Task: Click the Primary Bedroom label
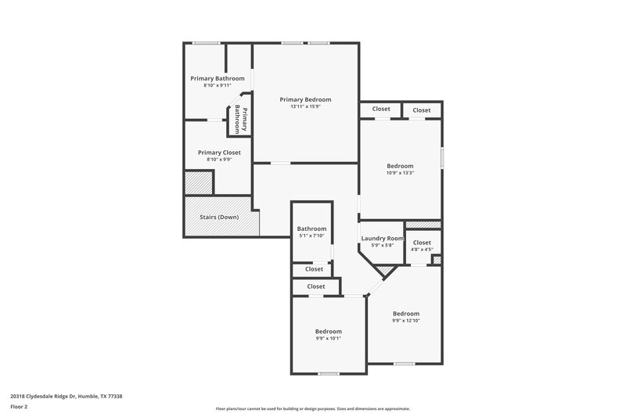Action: pyautogui.click(x=306, y=99)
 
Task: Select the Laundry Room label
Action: pyautogui.click(x=383, y=238)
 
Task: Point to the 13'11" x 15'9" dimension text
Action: pyautogui.click(x=306, y=106)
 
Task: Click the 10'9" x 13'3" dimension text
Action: pyautogui.click(x=400, y=173)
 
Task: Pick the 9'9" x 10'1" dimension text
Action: pyautogui.click(x=328, y=338)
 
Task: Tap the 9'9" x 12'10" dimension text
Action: pyautogui.click(x=406, y=321)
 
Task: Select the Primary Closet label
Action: pyautogui.click(x=219, y=153)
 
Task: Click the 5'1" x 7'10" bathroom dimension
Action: pyautogui.click(x=311, y=235)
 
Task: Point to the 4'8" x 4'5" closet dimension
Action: pyautogui.click(x=422, y=250)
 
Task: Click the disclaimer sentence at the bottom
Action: pyautogui.click(x=313, y=408)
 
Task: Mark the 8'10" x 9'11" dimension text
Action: pyautogui.click(x=218, y=84)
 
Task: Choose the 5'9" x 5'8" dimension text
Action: pyautogui.click(x=383, y=245)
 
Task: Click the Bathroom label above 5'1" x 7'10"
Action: pyautogui.click(x=311, y=228)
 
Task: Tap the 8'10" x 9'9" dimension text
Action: pyautogui.click(x=219, y=160)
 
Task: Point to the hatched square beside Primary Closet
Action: pyautogui.click(x=198, y=183)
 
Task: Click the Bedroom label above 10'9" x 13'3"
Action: pyautogui.click(x=400, y=166)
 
